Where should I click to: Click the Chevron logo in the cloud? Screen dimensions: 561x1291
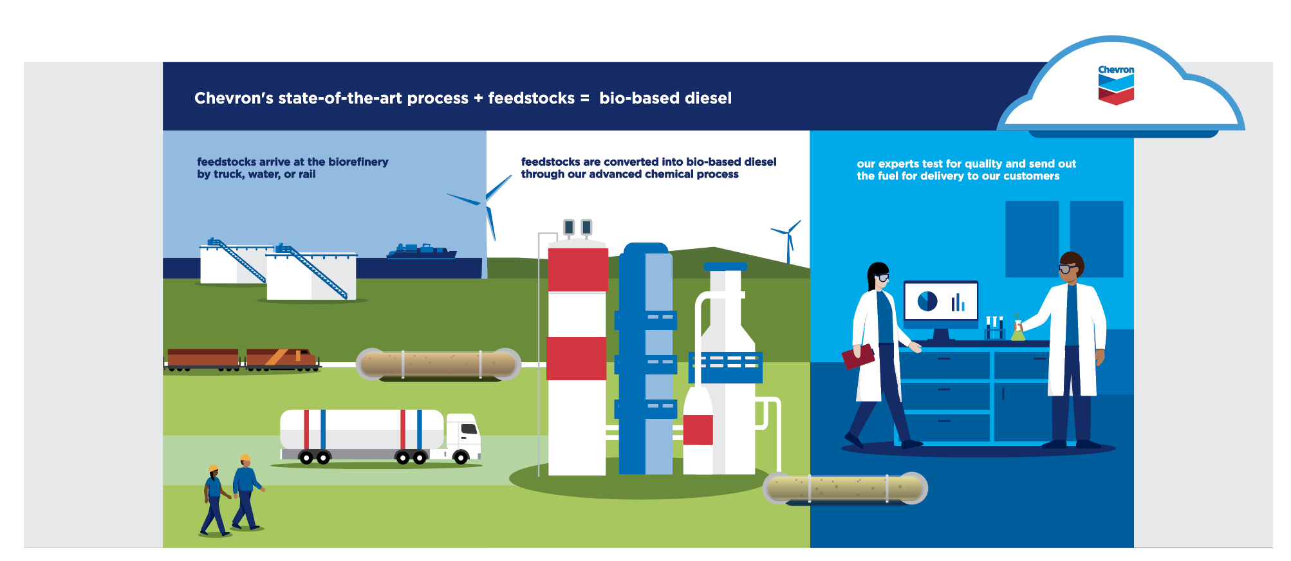coord(1115,85)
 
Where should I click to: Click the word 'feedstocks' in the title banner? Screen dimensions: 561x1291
coord(531,98)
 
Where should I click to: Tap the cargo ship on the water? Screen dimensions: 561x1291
coord(422,251)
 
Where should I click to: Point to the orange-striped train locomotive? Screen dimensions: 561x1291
coord(281,358)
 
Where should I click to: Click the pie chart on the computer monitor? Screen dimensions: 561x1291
coord(927,301)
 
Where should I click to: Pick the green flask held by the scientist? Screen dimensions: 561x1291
coord(1017,331)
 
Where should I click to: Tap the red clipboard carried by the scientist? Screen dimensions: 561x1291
coord(858,356)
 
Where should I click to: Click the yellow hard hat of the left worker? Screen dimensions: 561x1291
coord(214,468)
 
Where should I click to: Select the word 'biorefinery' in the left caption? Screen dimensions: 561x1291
coord(358,162)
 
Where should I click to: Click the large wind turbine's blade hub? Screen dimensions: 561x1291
coord(485,203)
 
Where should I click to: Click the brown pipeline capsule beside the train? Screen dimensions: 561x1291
coord(439,364)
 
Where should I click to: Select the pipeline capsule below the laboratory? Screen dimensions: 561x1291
coord(846,488)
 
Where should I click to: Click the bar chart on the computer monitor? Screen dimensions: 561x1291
coord(958,302)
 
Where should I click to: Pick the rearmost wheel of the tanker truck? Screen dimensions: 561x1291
coord(306,458)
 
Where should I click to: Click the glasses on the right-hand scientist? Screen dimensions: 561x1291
coord(1067,268)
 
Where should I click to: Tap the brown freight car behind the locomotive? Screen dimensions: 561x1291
coord(203,358)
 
